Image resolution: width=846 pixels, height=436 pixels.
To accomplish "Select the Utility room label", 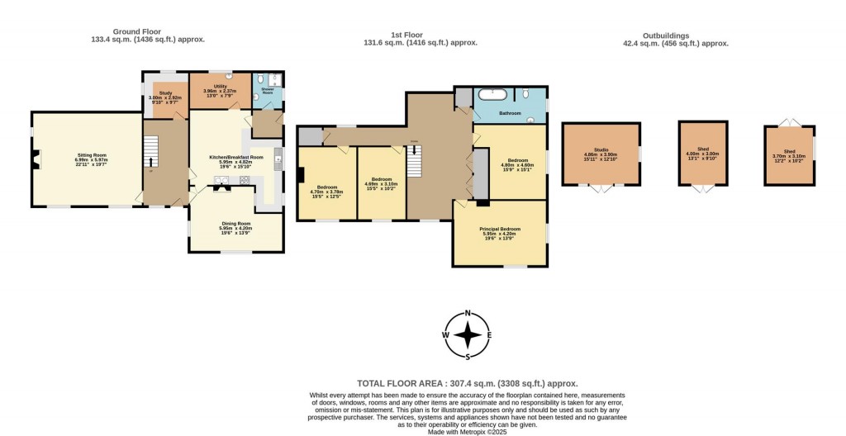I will point(220,88).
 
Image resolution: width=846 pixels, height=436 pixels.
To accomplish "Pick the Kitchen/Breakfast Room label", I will point(235,159).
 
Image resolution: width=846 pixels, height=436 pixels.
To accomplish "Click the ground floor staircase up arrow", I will point(150,152).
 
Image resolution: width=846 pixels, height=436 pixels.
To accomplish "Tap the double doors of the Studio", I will point(601,188).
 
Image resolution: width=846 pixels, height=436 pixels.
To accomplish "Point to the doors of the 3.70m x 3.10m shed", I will point(788,122).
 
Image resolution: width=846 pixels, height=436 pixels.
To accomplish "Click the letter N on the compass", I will point(468,313).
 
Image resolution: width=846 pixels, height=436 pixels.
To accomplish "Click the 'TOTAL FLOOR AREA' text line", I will point(467,383).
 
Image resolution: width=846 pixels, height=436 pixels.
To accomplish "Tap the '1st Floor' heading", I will point(422,36).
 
